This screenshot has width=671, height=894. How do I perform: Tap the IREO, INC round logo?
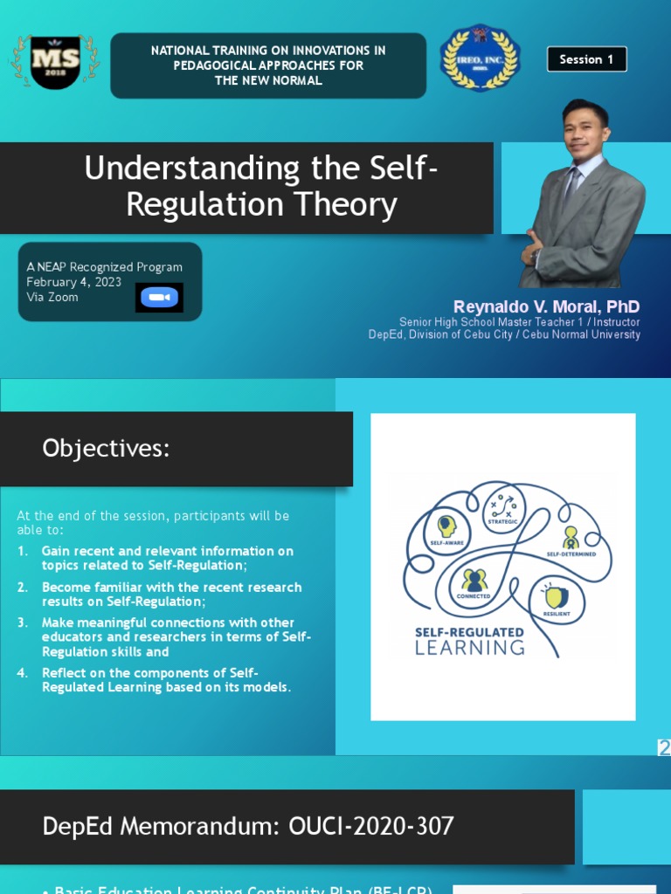tap(480, 58)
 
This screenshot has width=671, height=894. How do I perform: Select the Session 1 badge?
tap(586, 59)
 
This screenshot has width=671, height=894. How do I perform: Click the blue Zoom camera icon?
tap(159, 298)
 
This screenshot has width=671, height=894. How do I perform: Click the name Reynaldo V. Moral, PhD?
tap(546, 306)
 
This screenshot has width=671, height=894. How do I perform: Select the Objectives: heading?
tap(106, 449)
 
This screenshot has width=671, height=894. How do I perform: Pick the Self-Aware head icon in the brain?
tap(446, 526)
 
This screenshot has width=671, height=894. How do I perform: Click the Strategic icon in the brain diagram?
tap(504, 505)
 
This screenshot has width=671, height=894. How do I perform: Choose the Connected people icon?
tap(474, 580)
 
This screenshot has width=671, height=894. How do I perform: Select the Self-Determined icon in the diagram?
tap(571, 536)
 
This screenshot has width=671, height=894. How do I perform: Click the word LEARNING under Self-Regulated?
tap(469, 648)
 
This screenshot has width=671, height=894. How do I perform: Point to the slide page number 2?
tap(664, 747)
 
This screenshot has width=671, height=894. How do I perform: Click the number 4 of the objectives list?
tap(23, 672)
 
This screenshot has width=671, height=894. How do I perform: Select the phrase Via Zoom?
tap(52, 297)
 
